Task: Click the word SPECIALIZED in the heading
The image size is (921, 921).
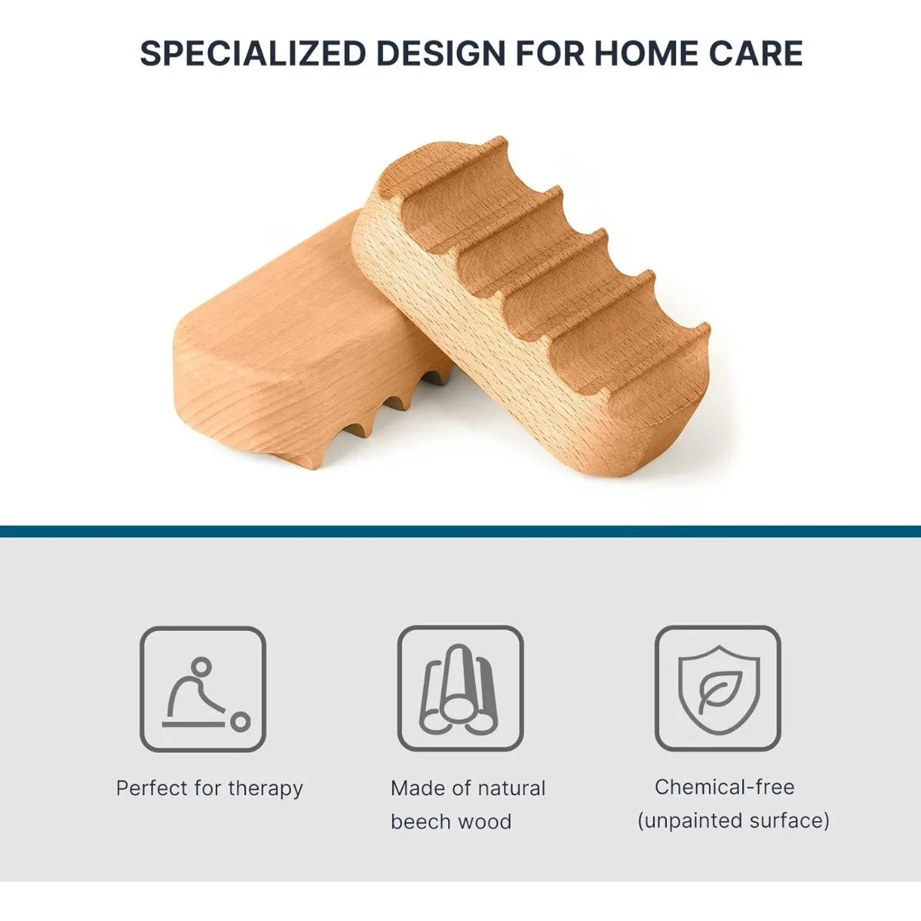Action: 253,53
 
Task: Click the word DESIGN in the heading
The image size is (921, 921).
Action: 441,53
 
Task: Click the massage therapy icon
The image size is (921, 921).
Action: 203,689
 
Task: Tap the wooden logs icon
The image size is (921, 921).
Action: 460,689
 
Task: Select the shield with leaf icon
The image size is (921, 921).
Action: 718,689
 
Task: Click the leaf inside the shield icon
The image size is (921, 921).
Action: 718,692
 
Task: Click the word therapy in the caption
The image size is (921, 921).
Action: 266,789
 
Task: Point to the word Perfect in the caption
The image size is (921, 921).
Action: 152,788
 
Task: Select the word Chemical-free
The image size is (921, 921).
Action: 725,787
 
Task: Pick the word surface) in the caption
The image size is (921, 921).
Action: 789,820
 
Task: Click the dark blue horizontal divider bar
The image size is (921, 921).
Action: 460,531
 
